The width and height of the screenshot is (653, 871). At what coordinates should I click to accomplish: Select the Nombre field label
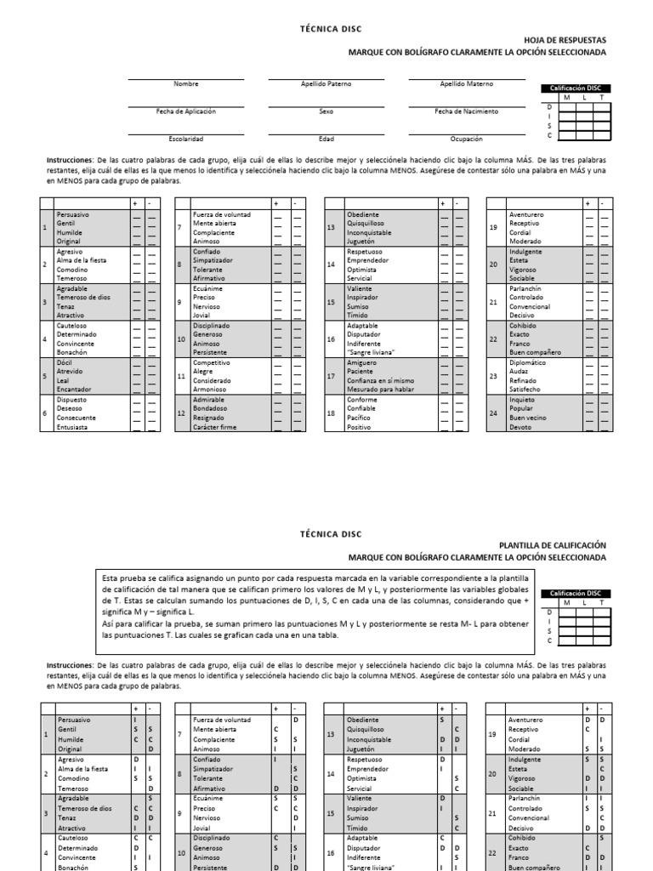pyautogui.click(x=185, y=84)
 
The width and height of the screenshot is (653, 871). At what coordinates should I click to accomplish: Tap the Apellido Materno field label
pyautogui.click(x=465, y=84)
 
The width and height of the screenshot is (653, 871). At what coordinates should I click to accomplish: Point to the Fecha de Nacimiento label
pyautogui.click(x=465, y=111)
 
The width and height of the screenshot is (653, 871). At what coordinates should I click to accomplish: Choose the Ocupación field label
pyautogui.click(x=466, y=139)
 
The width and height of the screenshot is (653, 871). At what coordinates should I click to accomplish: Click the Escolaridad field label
pyautogui.click(x=185, y=139)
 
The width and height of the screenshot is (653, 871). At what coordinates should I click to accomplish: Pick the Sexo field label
pyautogui.click(x=326, y=111)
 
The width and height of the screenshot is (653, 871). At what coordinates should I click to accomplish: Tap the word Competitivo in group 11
pyautogui.click(x=211, y=362)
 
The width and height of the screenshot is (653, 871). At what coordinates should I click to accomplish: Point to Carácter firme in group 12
pyautogui.click(x=216, y=427)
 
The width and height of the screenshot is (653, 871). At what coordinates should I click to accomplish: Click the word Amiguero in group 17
pyautogui.click(x=361, y=362)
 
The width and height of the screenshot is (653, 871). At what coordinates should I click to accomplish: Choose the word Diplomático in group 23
pyautogui.click(x=527, y=362)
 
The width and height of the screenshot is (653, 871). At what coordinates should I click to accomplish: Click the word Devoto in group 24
pyautogui.click(x=520, y=427)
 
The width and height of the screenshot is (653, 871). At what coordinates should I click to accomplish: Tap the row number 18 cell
pyautogui.click(x=332, y=413)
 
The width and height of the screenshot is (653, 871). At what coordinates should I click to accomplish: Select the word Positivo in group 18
pyautogui.click(x=359, y=427)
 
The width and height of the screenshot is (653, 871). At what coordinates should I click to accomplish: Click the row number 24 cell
pyautogui.click(x=493, y=413)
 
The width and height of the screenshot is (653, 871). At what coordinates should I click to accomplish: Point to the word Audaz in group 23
pyautogui.click(x=520, y=372)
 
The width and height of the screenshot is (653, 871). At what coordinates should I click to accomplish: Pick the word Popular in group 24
pyautogui.click(x=521, y=408)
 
